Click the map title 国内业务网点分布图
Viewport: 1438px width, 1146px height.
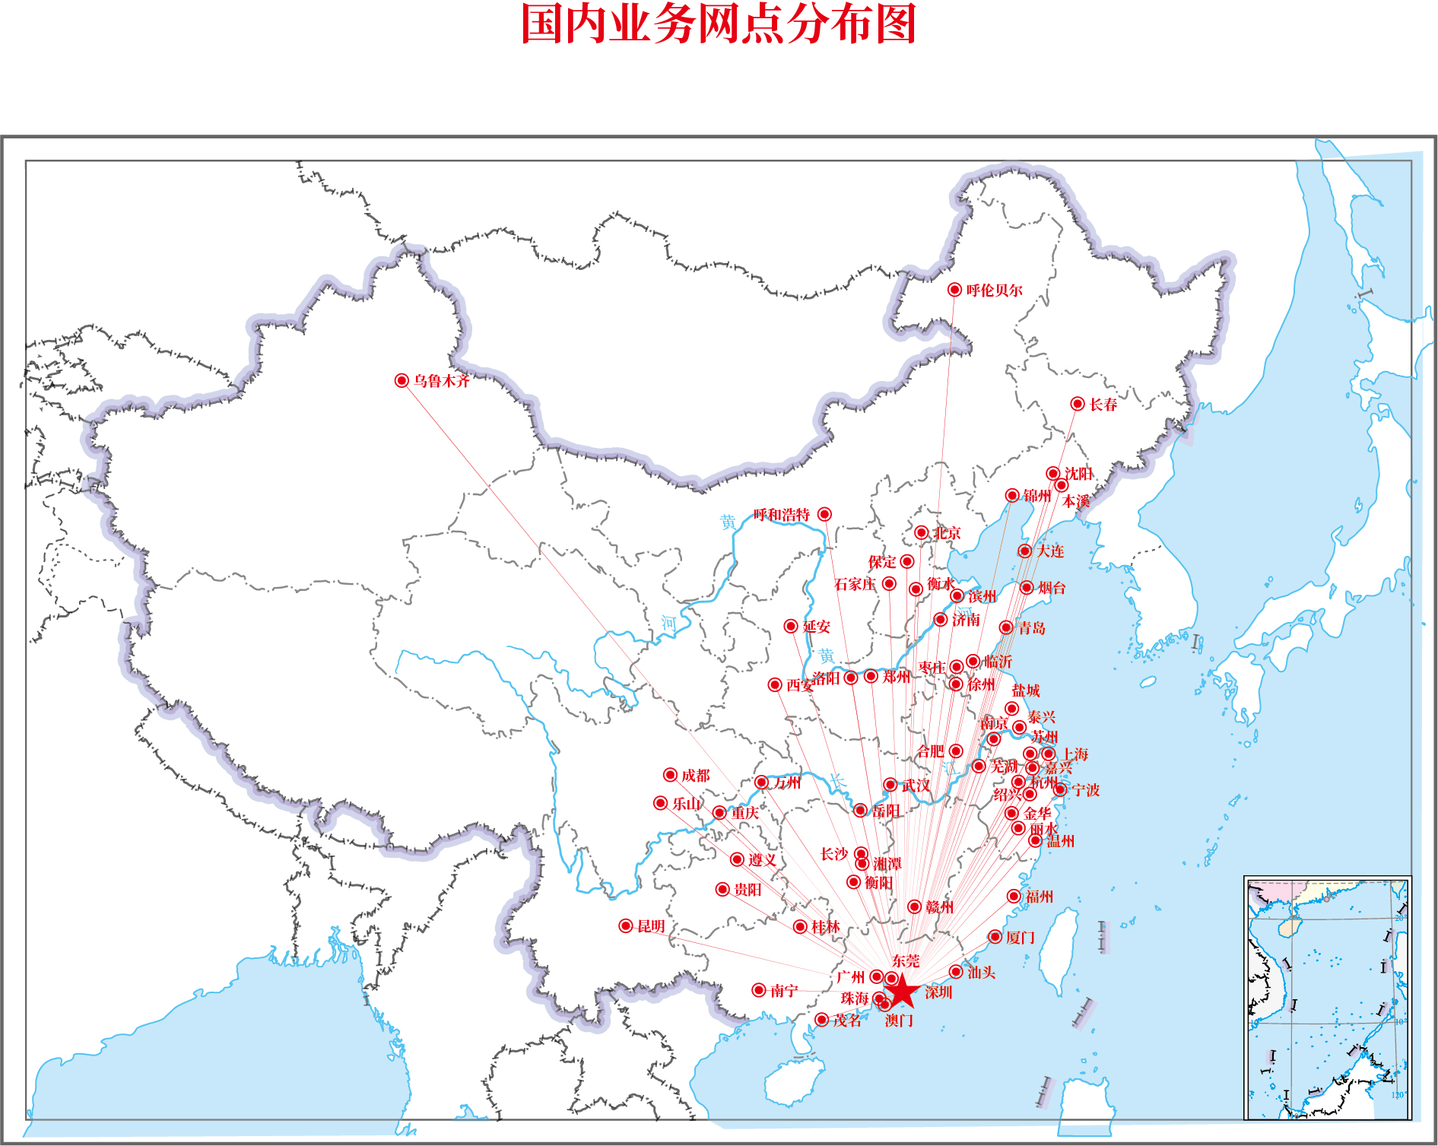tap(719, 24)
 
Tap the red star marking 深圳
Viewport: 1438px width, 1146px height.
tap(902, 992)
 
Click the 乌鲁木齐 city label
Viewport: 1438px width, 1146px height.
tap(442, 381)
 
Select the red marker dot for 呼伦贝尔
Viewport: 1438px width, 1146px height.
tap(954, 290)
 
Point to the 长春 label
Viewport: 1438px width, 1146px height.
tap(1103, 405)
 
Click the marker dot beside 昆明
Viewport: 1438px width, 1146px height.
tap(626, 925)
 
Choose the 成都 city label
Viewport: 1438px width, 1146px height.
tap(696, 776)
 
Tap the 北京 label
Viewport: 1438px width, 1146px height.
tap(948, 533)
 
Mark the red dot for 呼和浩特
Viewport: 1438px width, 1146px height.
tap(824, 515)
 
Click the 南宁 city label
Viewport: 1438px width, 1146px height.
tap(784, 991)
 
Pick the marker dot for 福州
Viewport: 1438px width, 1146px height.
tap(1014, 897)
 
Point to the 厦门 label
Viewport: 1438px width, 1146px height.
tap(1021, 938)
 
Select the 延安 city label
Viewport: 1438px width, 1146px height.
tap(817, 627)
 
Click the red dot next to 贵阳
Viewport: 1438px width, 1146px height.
tap(723, 890)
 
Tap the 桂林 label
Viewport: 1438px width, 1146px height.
tap(826, 927)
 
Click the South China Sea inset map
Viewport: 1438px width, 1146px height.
tap(1328, 998)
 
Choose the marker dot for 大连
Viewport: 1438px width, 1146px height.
tap(1025, 551)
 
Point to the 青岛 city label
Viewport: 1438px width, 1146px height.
tap(1032, 628)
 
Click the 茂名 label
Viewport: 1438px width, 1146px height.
tap(847, 1021)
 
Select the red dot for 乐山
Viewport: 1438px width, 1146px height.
tap(661, 803)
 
